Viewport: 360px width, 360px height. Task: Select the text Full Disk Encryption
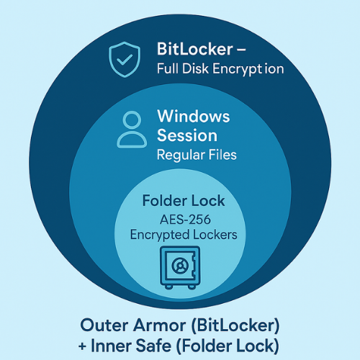point(220,70)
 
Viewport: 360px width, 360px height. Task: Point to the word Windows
point(193,117)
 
